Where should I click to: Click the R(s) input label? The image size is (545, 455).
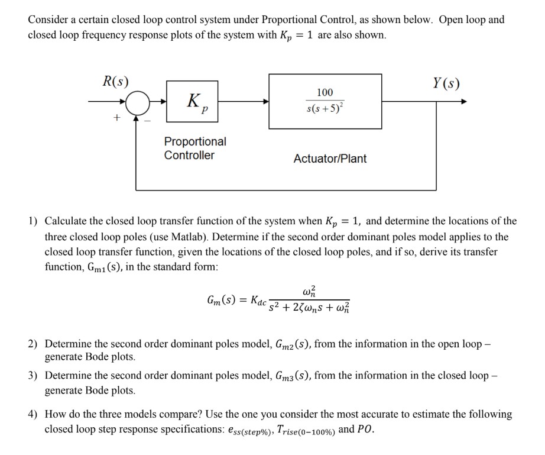[115, 82]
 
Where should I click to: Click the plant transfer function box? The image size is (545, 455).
[325, 101]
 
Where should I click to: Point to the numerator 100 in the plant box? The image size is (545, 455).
[325, 92]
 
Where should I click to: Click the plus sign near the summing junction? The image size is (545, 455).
[117, 118]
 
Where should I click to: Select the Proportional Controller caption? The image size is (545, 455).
[194, 149]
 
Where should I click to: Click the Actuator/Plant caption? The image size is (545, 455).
[330, 159]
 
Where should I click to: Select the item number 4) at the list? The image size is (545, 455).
[33, 414]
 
